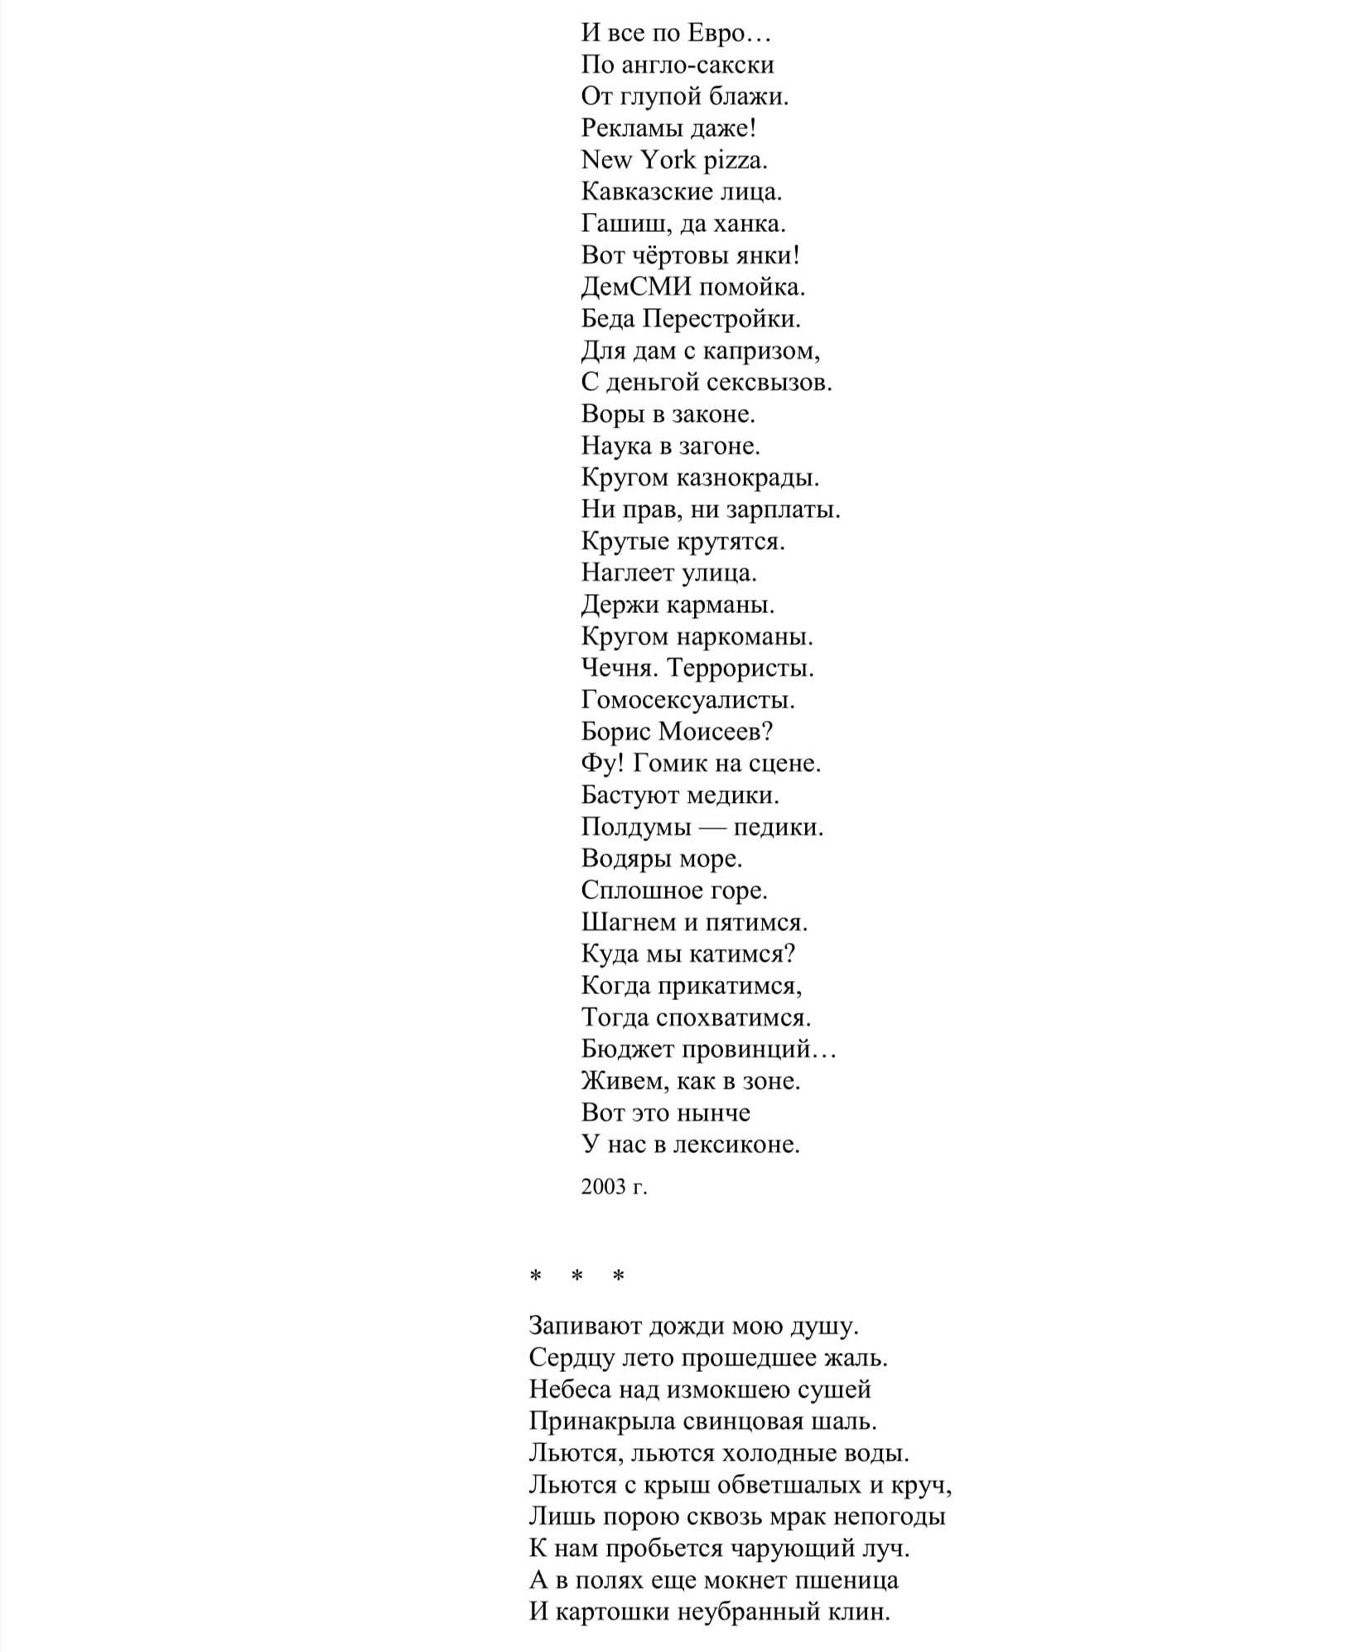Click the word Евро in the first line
(x=717, y=33)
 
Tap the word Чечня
(x=620, y=668)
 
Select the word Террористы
(x=740, y=668)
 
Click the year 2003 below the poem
(x=603, y=1187)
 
